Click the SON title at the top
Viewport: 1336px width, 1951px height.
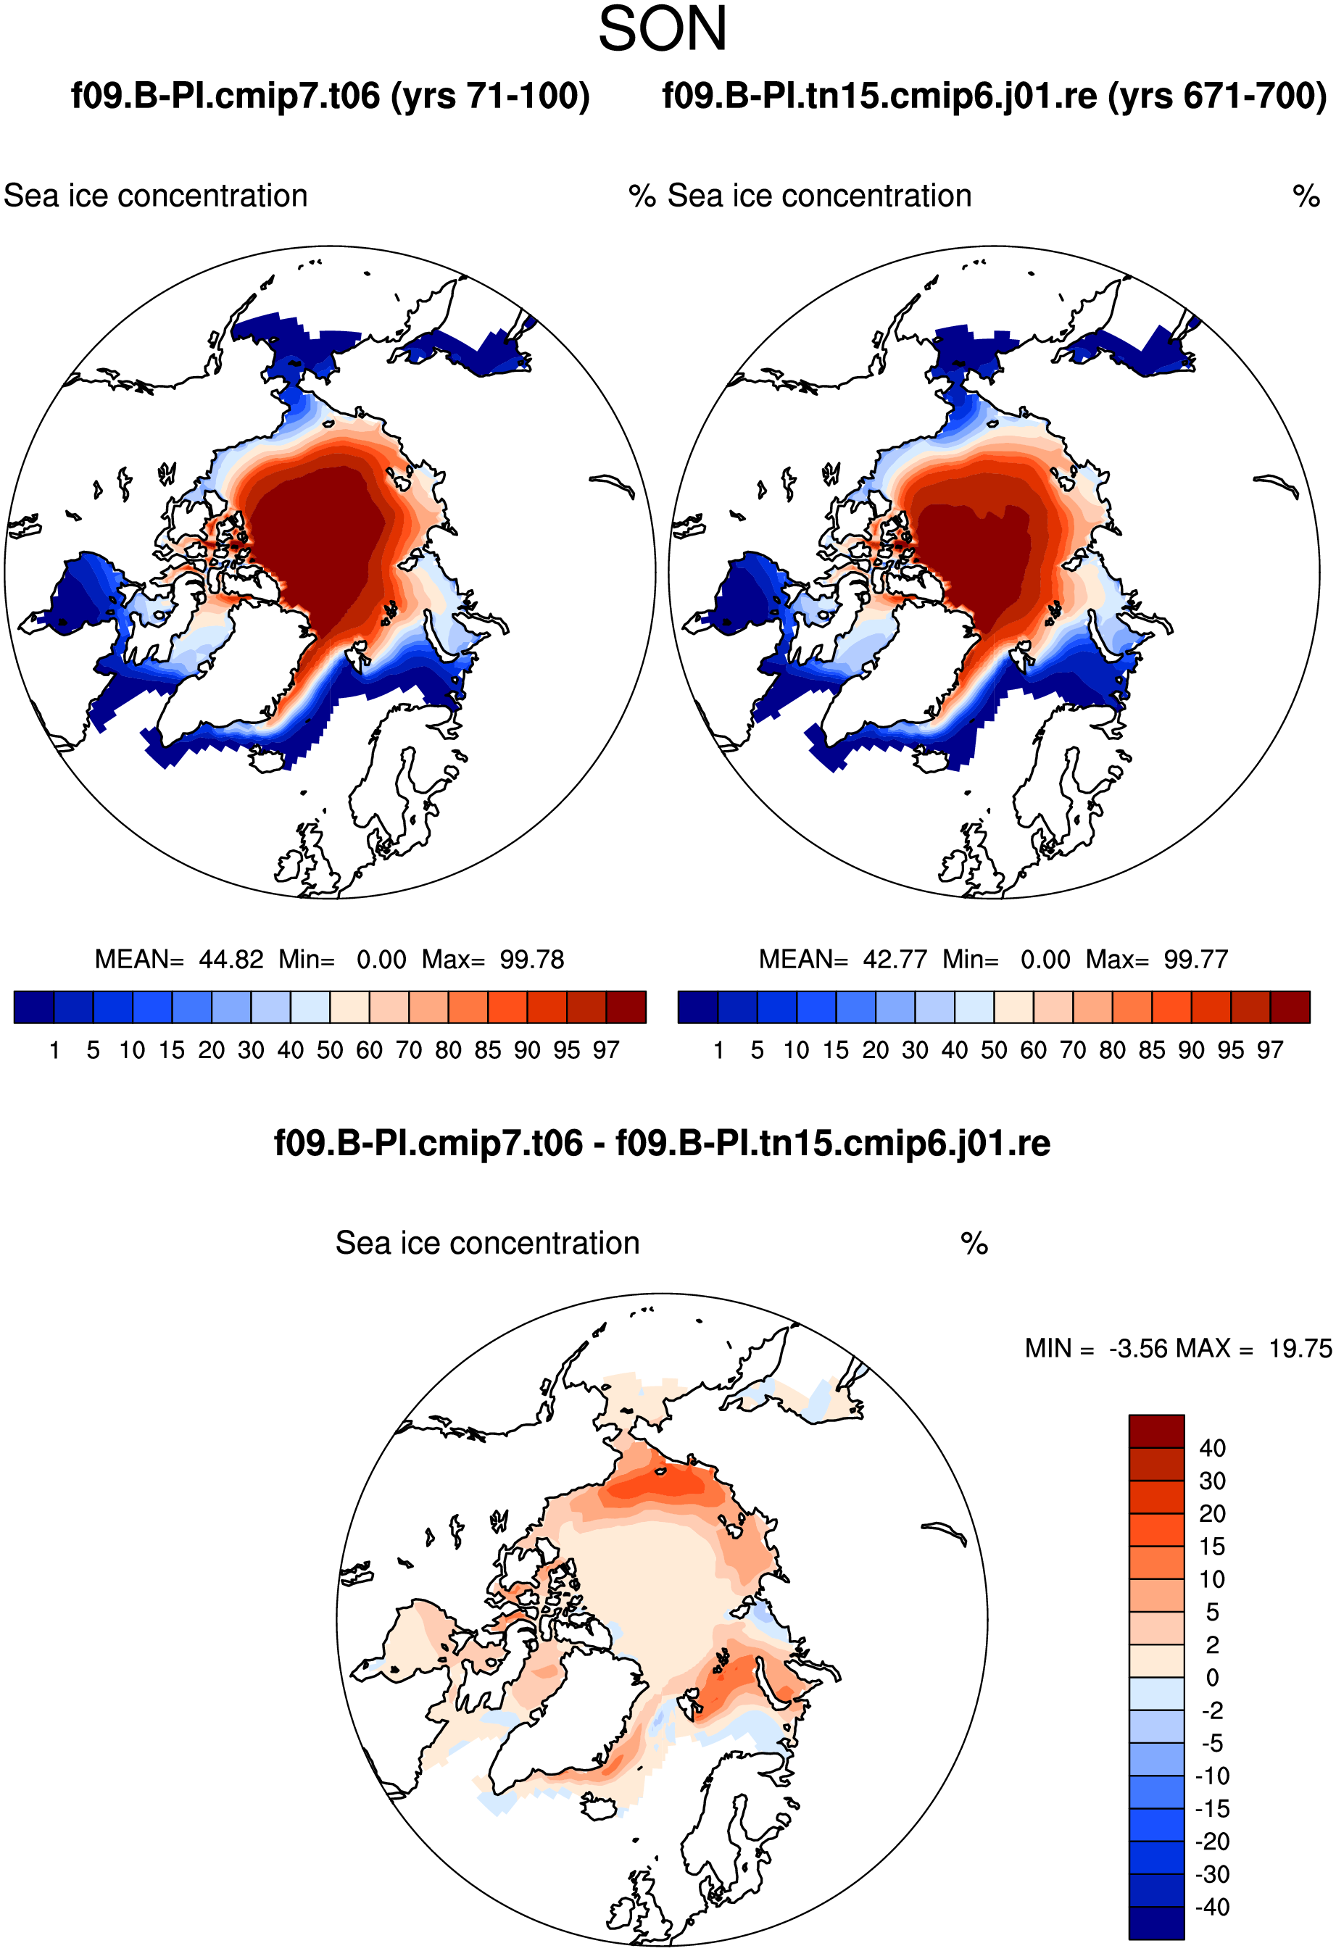[663, 30]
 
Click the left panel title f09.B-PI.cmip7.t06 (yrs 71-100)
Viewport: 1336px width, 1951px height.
[330, 96]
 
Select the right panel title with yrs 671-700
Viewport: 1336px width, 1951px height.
[995, 96]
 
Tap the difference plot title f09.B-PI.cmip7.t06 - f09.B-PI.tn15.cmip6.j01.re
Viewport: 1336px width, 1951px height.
[662, 1143]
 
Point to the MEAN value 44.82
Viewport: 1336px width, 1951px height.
[231, 959]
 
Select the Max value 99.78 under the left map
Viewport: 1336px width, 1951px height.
[531, 959]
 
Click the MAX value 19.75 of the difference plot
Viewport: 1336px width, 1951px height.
[1300, 1348]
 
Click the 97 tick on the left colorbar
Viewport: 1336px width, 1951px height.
[605, 1049]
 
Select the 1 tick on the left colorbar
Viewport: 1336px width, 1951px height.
[54, 1049]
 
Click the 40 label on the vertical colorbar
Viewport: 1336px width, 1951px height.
[1212, 1448]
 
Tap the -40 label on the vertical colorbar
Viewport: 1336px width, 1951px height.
[1213, 1908]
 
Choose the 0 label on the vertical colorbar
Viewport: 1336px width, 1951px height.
[1213, 1677]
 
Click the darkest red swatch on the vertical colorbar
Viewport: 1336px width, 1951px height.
[1156, 1431]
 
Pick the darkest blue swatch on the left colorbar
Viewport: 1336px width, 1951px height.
[34, 1007]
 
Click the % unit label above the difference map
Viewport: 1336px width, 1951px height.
[974, 1244]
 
